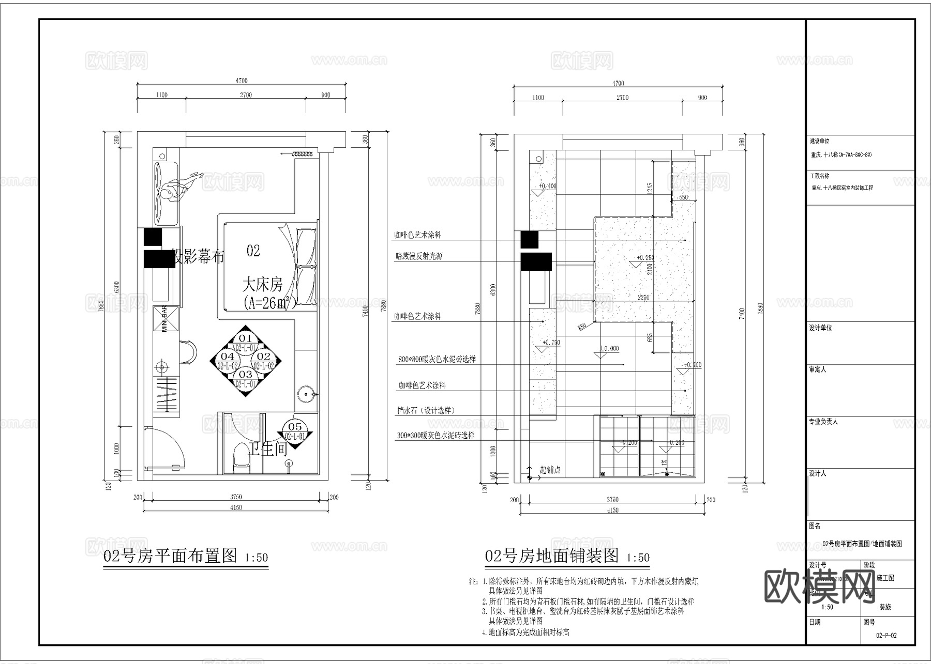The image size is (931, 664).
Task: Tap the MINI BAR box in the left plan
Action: pos(165,318)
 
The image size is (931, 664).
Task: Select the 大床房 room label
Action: pos(262,284)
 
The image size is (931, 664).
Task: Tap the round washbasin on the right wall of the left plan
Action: pos(305,394)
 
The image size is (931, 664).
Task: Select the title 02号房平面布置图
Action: pos(171,556)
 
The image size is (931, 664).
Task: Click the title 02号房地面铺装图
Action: pos(552,556)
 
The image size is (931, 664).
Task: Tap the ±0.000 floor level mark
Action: pos(609,349)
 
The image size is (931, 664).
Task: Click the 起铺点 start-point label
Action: pos(550,470)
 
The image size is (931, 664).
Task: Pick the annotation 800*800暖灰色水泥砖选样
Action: pos(437,359)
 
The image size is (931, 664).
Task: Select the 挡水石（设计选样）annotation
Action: pos(426,410)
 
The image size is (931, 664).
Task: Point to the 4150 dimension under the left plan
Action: pos(236,507)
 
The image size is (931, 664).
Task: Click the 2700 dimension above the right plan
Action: pos(622,98)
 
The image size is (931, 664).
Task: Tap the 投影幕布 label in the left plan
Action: pos(198,257)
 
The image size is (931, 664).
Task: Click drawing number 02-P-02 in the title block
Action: pos(887,636)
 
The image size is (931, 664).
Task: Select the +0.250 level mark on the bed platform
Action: pos(645,257)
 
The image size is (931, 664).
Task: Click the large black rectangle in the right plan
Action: pos(536,262)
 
